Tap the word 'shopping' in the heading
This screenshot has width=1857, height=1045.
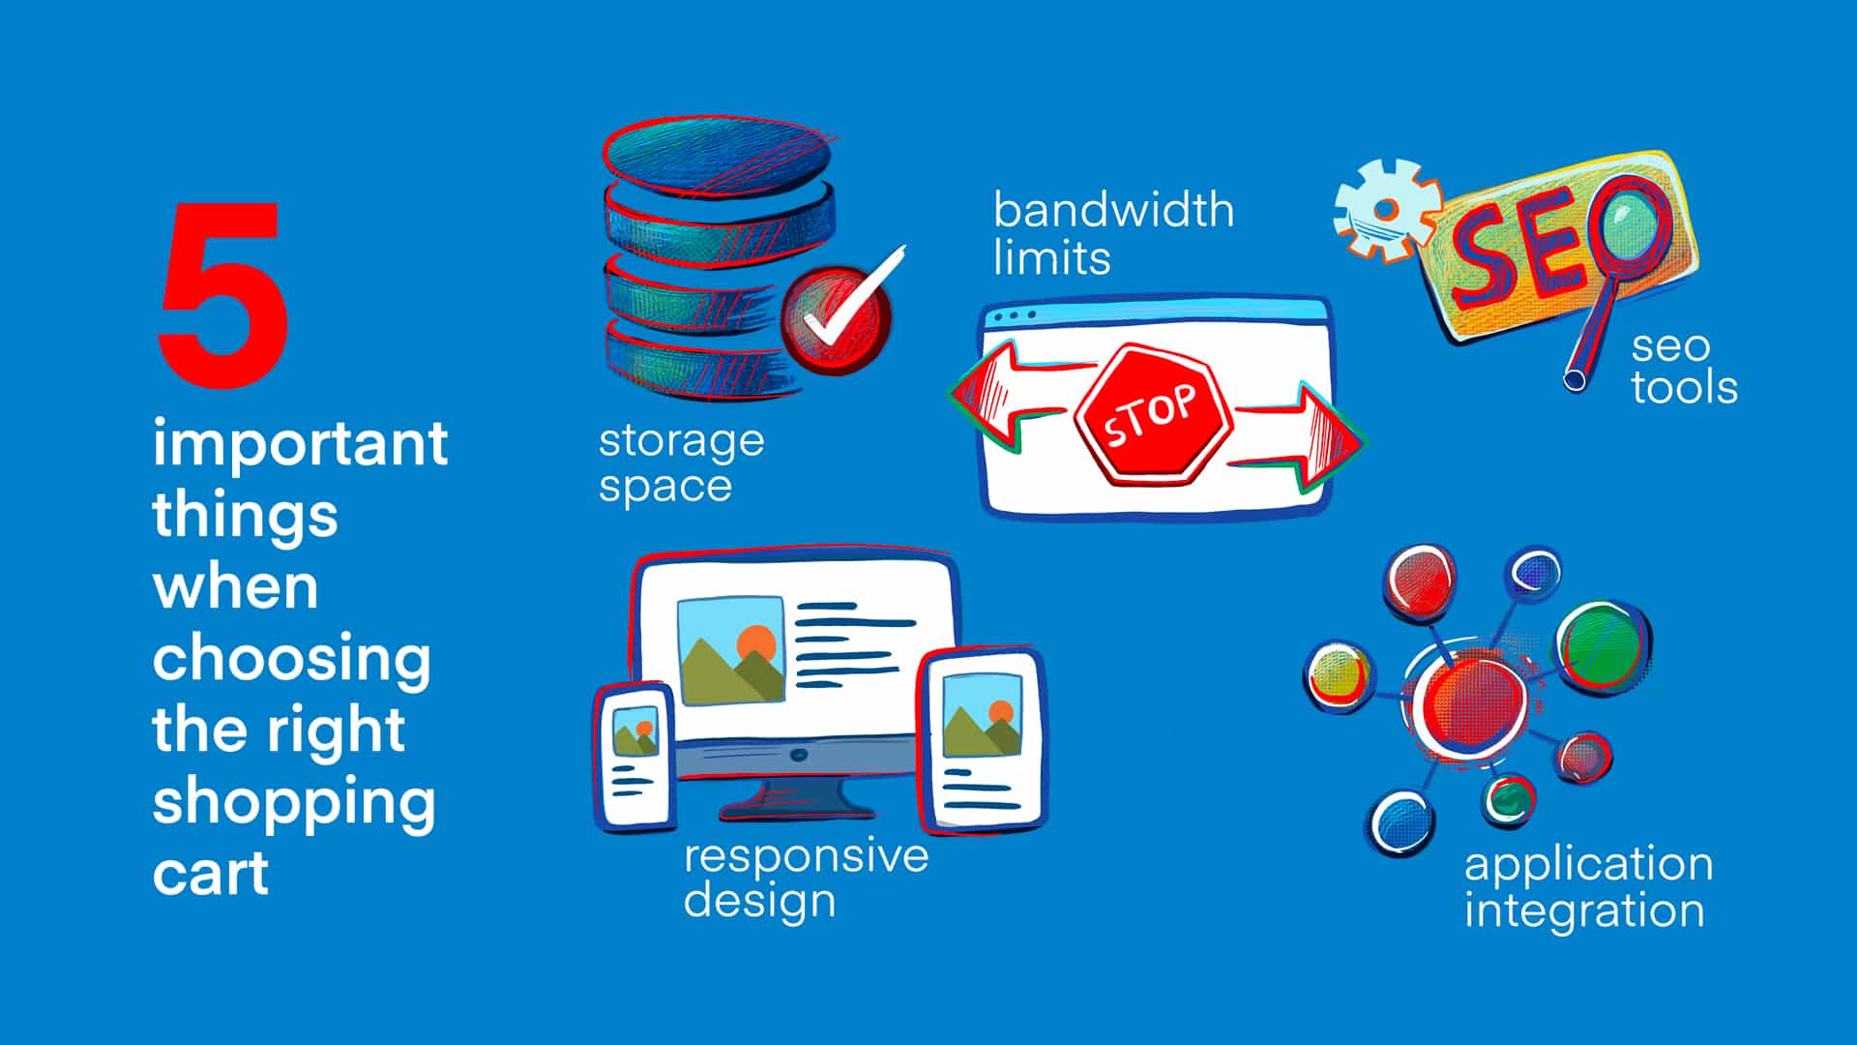tap(294, 804)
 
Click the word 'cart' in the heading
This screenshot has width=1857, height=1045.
tap(211, 874)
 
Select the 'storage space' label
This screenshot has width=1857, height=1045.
tap(682, 463)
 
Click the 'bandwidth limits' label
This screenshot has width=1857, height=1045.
tap(1113, 234)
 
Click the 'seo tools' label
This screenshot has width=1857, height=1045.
tap(1684, 368)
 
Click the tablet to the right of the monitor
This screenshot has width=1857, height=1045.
tap(983, 741)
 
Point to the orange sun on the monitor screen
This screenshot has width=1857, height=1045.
tap(756, 642)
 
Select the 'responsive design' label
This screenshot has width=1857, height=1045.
tap(806, 879)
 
